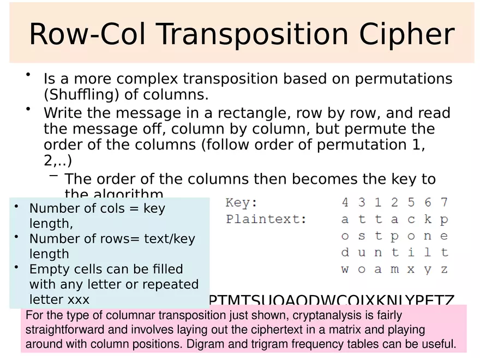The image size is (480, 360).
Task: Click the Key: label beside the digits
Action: tap(242, 203)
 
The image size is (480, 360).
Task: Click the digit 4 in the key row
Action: tap(345, 203)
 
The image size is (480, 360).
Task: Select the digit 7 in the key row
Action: tap(445, 203)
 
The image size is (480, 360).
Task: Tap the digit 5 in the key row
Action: tap(411, 203)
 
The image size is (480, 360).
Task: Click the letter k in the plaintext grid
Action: tap(428, 220)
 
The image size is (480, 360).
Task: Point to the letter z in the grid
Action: tap(445, 269)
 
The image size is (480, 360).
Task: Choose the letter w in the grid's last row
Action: tap(345, 269)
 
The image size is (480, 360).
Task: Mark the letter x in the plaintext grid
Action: tap(411, 269)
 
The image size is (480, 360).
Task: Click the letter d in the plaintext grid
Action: tap(345, 253)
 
